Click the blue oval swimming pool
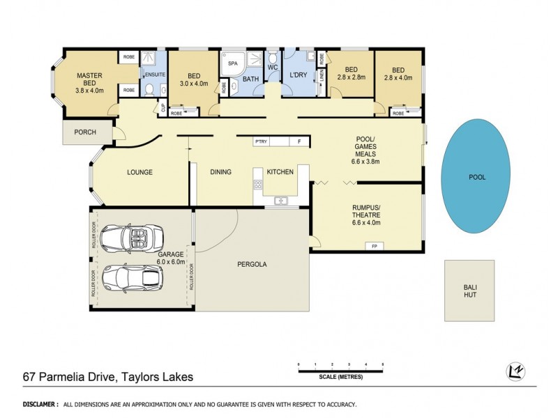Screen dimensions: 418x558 [477, 177]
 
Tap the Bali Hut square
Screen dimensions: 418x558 [469, 290]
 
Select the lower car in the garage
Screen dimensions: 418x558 [132, 278]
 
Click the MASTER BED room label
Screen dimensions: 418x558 [89, 82]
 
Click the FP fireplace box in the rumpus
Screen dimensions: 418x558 [374, 247]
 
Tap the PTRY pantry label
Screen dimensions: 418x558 [262, 142]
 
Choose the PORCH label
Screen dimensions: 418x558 [86, 132]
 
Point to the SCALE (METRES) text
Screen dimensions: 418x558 [340, 377]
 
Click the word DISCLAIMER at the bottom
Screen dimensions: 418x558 [40, 404]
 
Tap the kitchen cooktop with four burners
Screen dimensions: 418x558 [257, 185]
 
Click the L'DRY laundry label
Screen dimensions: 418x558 [300, 79]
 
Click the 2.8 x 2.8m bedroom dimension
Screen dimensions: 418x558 [350, 78]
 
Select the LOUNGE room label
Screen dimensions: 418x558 [139, 172]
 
